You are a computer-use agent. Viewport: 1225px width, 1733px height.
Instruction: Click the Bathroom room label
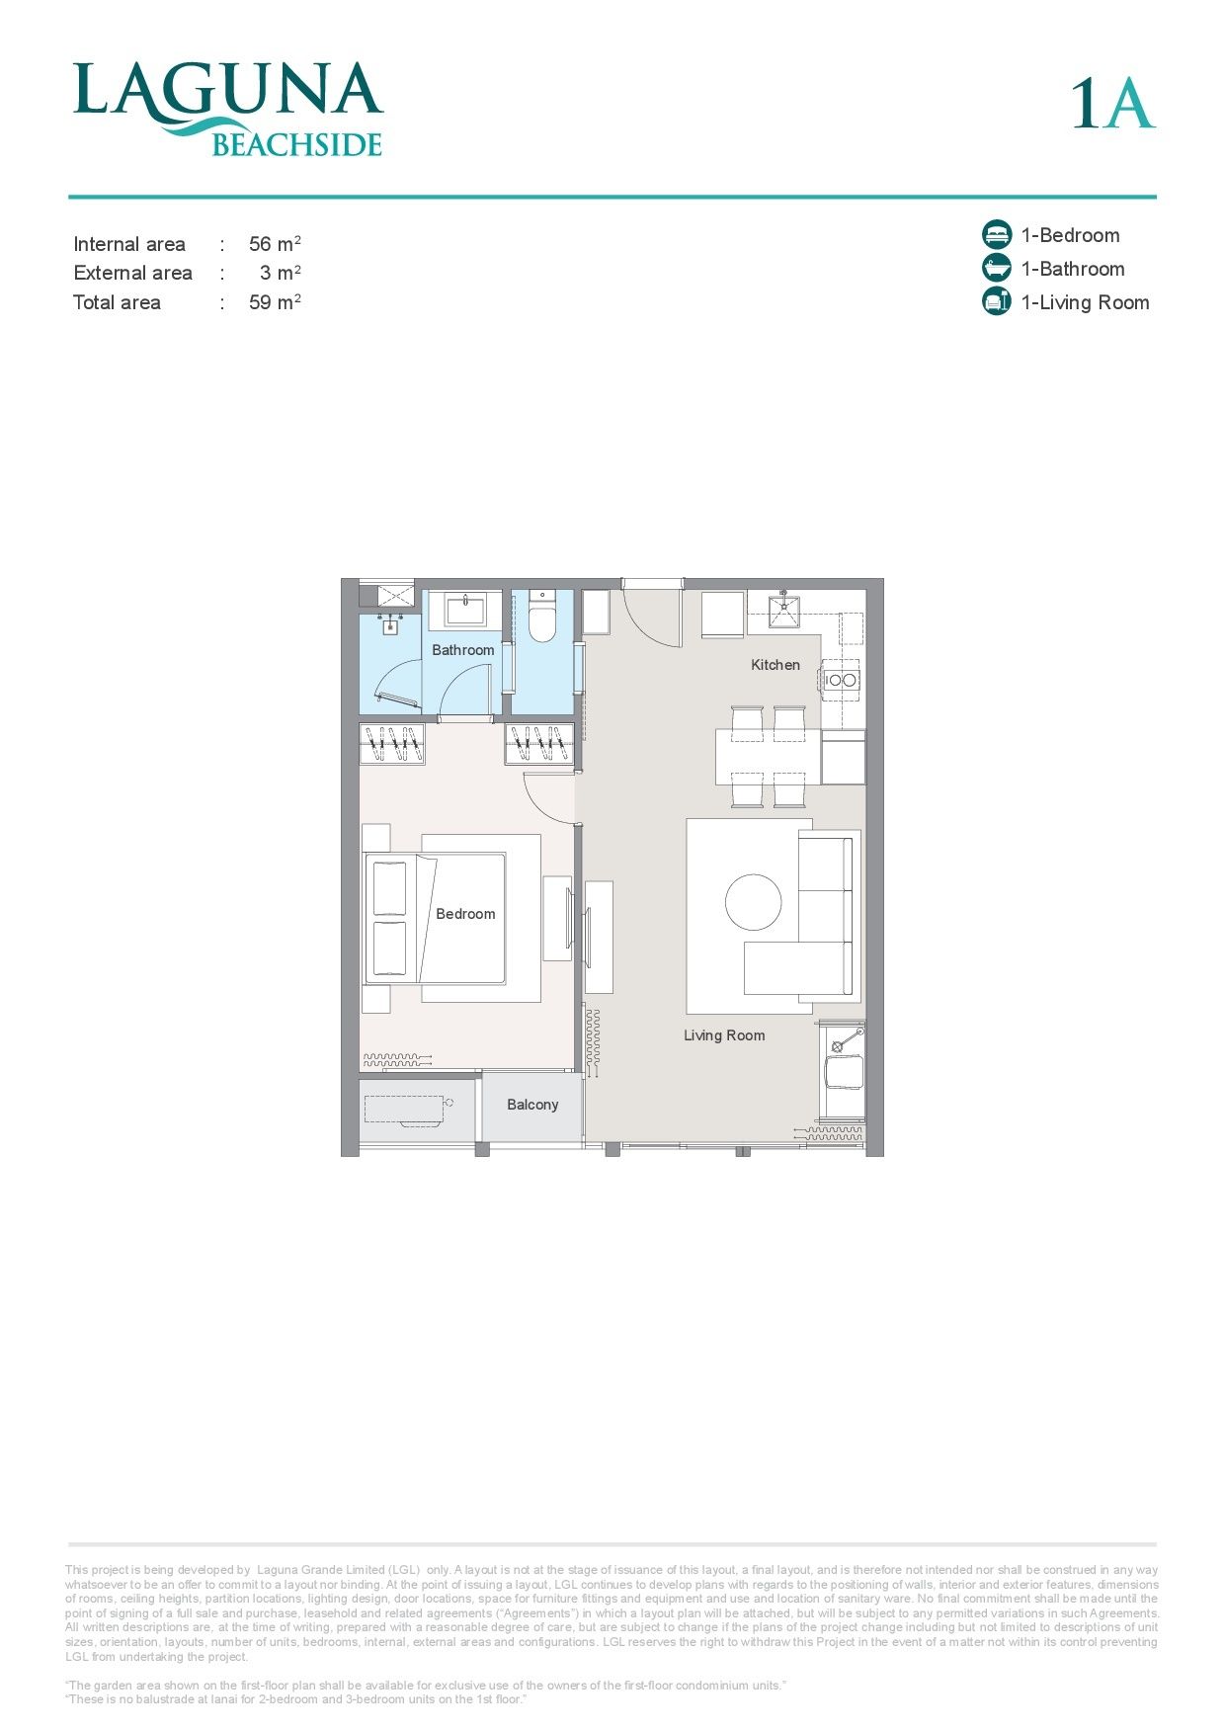(462, 650)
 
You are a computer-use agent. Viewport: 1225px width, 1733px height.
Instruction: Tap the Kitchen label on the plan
(776, 665)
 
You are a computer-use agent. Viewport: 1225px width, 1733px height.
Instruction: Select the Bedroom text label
(465, 914)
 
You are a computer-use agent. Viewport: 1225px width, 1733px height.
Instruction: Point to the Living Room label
(724, 1035)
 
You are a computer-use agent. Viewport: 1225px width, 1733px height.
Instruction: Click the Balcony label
(532, 1105)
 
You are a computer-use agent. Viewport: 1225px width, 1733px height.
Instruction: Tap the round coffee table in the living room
(754, 902)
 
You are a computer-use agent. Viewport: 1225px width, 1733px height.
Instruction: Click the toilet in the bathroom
(543, 617)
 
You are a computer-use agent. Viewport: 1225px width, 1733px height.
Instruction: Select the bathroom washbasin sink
(464, 610)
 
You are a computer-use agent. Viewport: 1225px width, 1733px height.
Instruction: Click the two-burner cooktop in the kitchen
(842, 680)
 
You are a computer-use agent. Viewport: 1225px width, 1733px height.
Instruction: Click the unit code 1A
(1113, 103)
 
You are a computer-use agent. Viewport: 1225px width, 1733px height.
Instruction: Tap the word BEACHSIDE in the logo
(297, 145)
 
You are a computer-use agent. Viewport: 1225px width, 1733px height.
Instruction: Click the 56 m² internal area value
(275, 243)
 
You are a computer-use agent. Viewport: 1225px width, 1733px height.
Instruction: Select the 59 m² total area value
(275, 302)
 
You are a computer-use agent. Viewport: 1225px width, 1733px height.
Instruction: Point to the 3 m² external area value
(281, 273)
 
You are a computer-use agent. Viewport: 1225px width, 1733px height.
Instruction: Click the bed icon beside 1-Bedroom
(997, 235)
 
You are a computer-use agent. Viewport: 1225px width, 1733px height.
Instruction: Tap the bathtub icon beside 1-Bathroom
(997, 269)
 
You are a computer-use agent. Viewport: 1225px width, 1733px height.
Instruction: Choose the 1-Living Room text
(1085, 302)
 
